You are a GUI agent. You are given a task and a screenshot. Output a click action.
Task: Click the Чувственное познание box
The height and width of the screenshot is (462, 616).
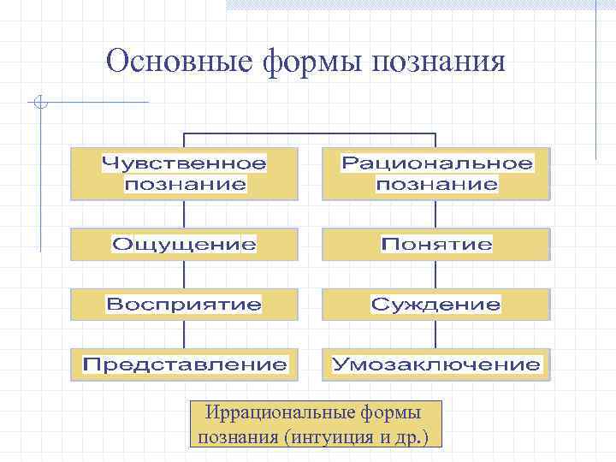[184, 174]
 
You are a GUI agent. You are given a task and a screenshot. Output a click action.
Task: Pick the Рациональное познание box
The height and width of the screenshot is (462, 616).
[436, 174]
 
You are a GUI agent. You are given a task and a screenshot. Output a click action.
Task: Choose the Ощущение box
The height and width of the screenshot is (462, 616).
[184, 245]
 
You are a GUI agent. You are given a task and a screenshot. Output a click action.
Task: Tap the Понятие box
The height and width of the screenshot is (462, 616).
[436, 245]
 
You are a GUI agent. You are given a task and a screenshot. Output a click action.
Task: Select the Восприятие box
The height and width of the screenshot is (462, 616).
[184, 304]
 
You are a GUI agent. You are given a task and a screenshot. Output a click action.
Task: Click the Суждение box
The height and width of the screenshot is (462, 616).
[436, 304]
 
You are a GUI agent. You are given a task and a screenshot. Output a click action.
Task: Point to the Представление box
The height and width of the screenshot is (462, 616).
[184, 364]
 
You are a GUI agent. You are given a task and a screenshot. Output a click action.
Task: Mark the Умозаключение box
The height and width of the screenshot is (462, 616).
[436, 364]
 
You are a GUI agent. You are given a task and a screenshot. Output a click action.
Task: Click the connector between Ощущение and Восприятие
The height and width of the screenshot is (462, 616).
[184, 275]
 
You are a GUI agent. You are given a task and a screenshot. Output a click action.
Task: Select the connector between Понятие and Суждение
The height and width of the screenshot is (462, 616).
[436, 275]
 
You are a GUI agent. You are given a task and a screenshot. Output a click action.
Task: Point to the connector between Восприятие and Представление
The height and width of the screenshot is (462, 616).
[184, 334]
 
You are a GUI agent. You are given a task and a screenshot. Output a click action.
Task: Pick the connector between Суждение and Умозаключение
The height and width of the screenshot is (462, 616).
[436, 334]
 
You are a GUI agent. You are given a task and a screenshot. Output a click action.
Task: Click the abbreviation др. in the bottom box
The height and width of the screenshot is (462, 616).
[418, 437]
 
